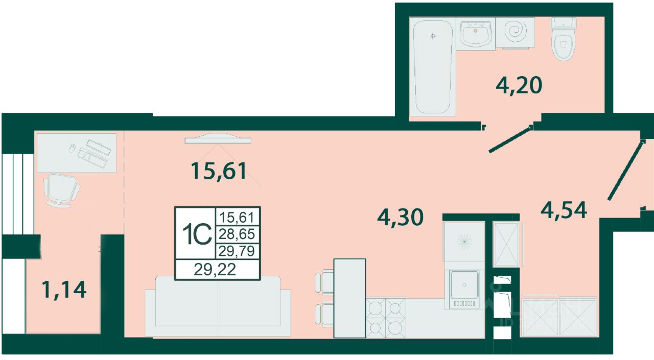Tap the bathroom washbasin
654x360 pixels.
point(476,34)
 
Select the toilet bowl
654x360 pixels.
point(563,39)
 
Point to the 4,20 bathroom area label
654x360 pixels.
point(519,85)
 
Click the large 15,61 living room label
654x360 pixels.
point(219,171)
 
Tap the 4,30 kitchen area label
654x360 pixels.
point(400,217)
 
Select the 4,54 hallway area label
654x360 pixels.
point(564,210)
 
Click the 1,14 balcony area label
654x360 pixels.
point(64,289)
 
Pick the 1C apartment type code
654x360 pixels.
point(197,234)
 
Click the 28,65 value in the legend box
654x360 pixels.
point(238,234)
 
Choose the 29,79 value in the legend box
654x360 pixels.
point(237,251)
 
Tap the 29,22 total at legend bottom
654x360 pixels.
point(215,270)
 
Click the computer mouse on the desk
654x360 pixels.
point(73,148)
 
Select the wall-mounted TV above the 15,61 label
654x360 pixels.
point(218,138)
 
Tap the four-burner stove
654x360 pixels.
point(385,318)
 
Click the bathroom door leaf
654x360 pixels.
point(510,139)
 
